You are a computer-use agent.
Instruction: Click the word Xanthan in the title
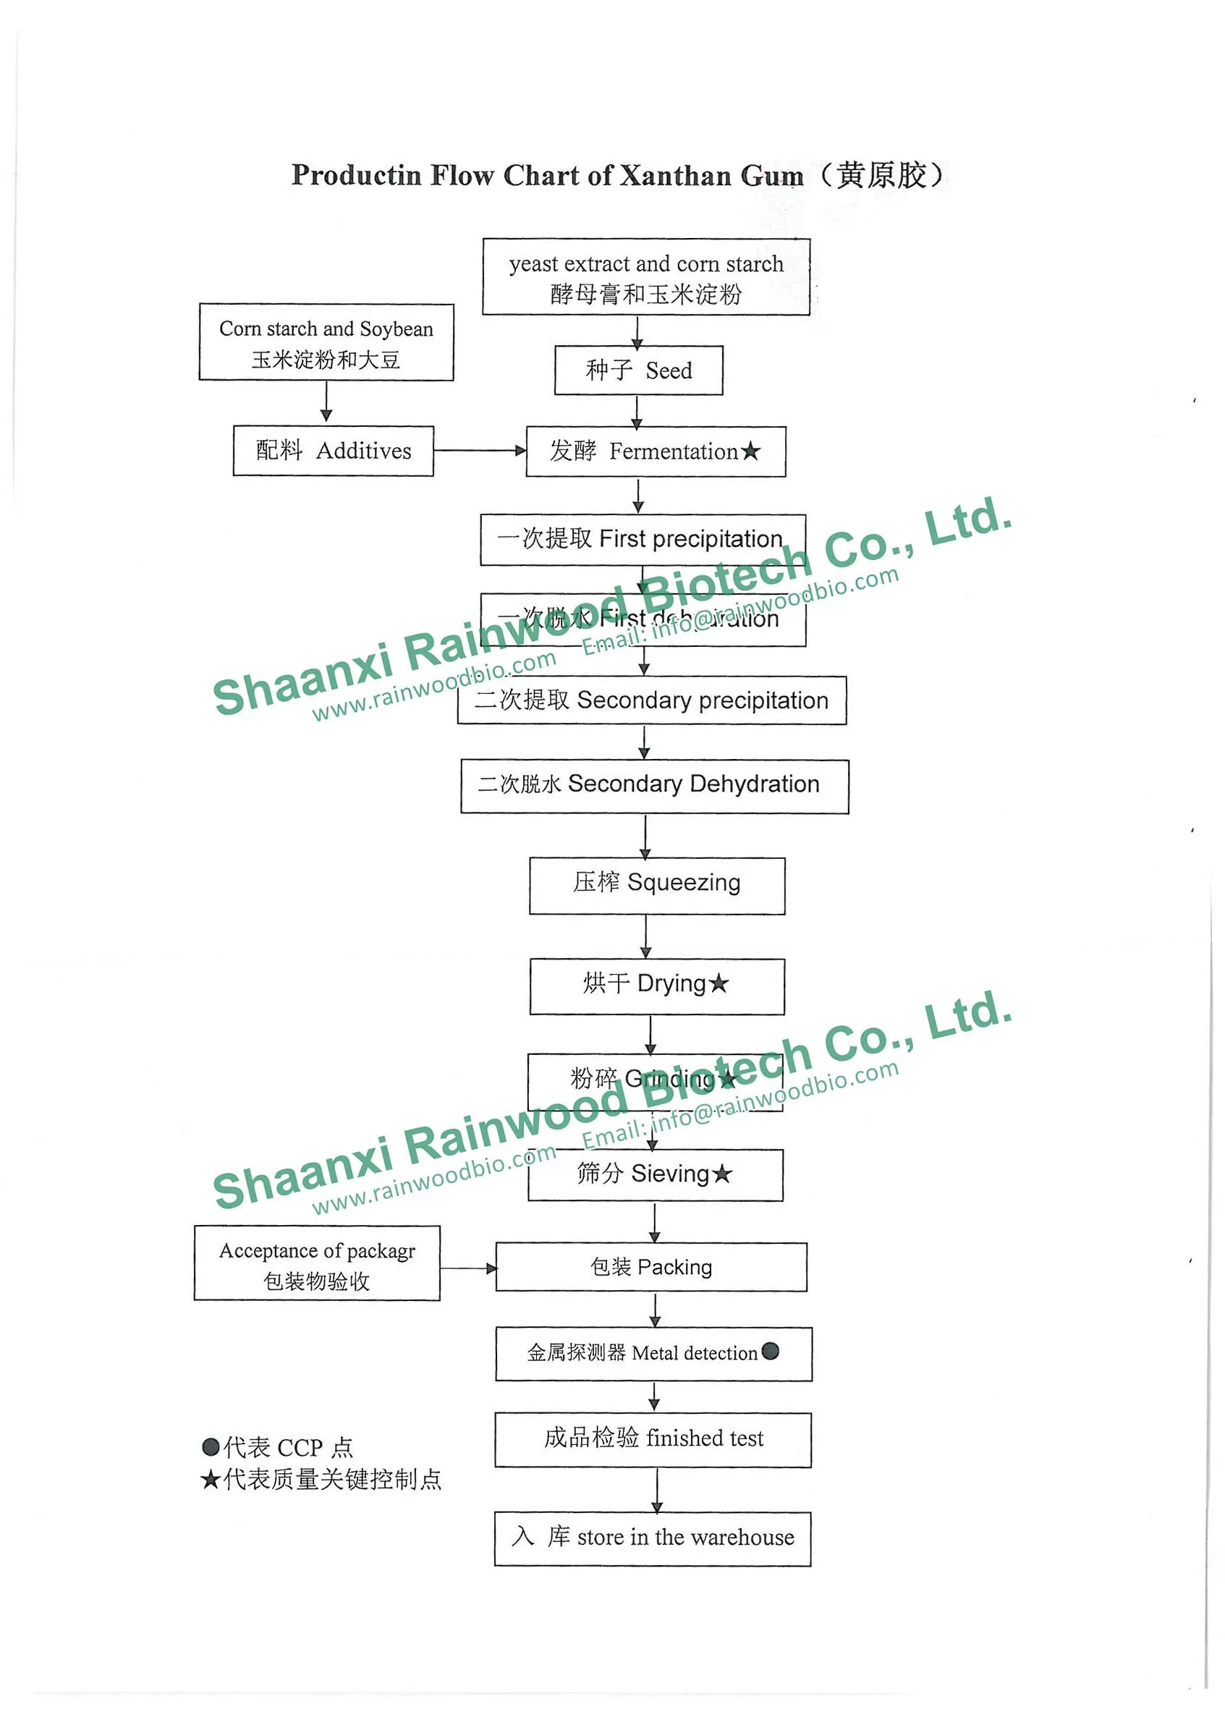[674, 176]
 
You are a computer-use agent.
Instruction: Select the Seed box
[638, 370]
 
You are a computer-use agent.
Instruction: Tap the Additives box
[333, 451]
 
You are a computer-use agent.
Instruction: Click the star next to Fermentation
[750, 452]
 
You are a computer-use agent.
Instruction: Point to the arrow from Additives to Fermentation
[479, 451]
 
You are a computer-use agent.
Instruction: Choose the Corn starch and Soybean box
[326, 342]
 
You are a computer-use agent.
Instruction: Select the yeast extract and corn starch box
[645, 277]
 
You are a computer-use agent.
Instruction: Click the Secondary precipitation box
[651, 700]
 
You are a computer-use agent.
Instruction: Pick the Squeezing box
[656, 886]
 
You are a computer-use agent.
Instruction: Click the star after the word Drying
[719, 983]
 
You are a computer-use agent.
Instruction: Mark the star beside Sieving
[722, 1174]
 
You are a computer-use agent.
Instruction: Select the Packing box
[650, 1267]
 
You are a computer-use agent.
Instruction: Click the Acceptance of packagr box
[317, 1263]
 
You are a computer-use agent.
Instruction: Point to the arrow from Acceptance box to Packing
[467, 1268]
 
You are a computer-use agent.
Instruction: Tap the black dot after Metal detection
[770, 1351]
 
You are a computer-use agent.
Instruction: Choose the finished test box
[653, 1440]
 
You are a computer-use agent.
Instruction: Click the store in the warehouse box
[653, 1538]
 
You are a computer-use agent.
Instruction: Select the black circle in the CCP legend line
[211, 1446]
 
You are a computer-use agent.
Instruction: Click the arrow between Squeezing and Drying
[645, 937]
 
